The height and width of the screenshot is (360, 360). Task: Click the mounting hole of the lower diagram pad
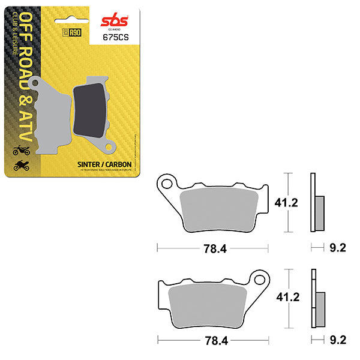[x=259, y=279]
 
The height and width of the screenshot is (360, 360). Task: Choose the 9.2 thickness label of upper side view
[x=337, y=247]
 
